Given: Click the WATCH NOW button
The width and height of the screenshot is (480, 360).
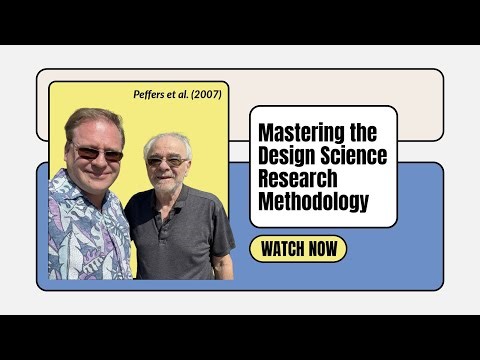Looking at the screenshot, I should pyautogui.click(x=298, y=248).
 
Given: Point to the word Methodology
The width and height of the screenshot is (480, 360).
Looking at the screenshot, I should pyautogui.click(x=313, y=202).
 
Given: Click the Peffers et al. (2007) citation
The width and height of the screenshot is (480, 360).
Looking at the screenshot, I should pyautogui.click(x=177, y=94).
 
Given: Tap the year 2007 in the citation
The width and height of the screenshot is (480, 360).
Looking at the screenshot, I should pyautogui.click(x=207, y=94).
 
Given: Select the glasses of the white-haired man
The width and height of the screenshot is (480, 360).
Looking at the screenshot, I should pyautogui.click(x=166, y=160).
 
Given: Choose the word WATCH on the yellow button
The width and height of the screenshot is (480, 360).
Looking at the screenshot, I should pyautogui.click(x=283, y=248).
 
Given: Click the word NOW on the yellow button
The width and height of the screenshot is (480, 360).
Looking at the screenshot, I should pyautogui.click(x=322, y=248).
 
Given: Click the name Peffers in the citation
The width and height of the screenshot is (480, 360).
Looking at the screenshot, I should pyautogui.click(x=152, y=94).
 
